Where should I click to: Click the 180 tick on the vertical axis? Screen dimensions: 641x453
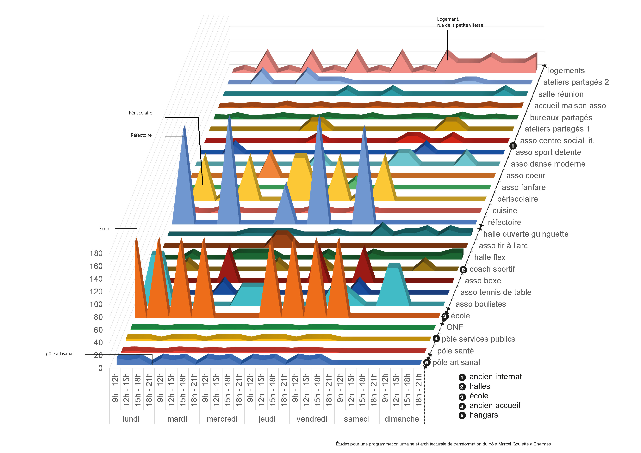pos(96,254)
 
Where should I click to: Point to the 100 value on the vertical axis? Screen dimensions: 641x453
pos(96,304)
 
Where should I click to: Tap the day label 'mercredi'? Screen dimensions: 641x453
pos(222,419)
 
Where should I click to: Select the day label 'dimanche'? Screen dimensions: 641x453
pos(401,419)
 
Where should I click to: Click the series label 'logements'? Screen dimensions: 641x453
pos(566,71)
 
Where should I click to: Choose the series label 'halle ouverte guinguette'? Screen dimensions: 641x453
pos(526,234)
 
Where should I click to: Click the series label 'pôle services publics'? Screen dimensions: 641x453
pos(478,339)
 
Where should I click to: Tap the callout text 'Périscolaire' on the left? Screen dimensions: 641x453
pos(140,113)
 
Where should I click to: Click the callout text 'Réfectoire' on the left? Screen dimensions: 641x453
pos(141,135)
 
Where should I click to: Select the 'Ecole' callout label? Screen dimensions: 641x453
pos(105,229)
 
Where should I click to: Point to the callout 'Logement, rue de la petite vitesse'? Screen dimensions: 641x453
pos(460,22)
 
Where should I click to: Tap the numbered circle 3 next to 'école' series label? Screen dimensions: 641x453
pos(445,316)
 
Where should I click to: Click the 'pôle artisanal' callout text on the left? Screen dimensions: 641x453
pos(59,354)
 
